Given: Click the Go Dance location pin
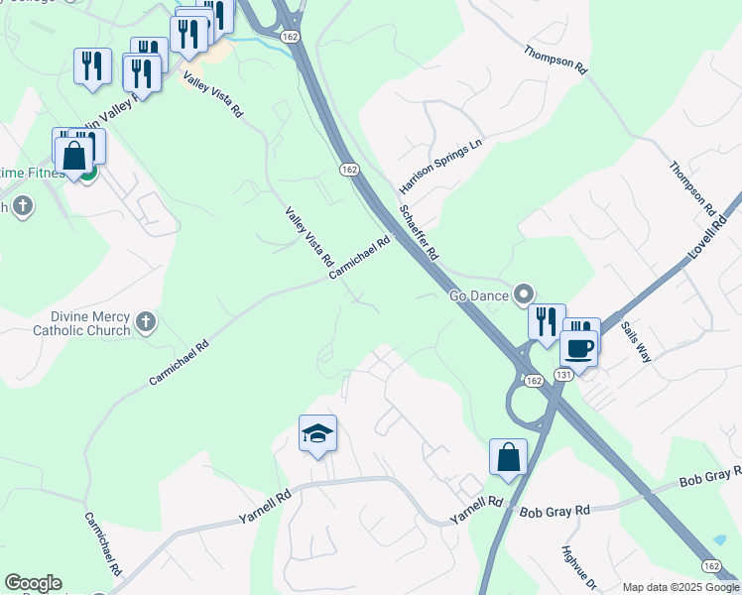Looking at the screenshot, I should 524,295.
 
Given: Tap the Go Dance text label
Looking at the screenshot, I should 478,296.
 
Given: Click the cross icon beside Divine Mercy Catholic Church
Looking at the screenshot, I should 145,321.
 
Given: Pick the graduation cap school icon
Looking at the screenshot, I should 317,434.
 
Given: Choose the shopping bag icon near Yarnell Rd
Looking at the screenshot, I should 508,458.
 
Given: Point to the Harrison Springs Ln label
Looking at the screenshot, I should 439,166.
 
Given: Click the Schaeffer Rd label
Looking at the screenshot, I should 419,232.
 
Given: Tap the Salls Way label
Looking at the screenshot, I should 635,340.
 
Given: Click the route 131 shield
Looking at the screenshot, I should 564,375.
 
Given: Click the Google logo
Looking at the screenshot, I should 32,583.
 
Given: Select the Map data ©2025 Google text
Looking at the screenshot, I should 680,587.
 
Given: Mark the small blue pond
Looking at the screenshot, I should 719,539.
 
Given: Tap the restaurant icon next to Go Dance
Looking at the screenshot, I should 546,322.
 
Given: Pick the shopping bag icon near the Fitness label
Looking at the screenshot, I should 74,156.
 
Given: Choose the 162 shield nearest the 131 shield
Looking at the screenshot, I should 534,381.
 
